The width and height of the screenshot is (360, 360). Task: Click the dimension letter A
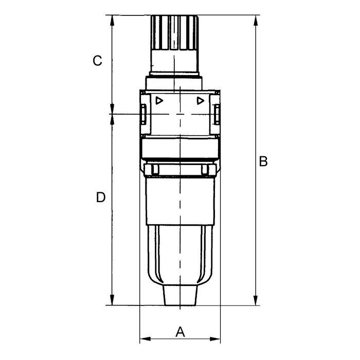[x=180, y=332]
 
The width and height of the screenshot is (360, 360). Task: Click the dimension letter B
[x=263, y=161]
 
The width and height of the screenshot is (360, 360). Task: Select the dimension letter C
[x=97, y=61]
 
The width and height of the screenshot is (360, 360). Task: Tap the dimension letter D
[x=101, y=197]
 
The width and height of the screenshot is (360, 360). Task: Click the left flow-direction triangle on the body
[x=159, y=101]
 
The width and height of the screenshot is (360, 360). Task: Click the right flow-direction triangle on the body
[x=201, y=101]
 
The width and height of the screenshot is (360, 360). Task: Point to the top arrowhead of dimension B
[x=256, y=21]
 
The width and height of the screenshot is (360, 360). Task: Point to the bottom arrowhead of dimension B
[x=256, y=300]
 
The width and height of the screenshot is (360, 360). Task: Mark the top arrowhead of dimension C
[x=112, y=21]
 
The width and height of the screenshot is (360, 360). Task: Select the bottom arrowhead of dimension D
[x=112, y=300]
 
